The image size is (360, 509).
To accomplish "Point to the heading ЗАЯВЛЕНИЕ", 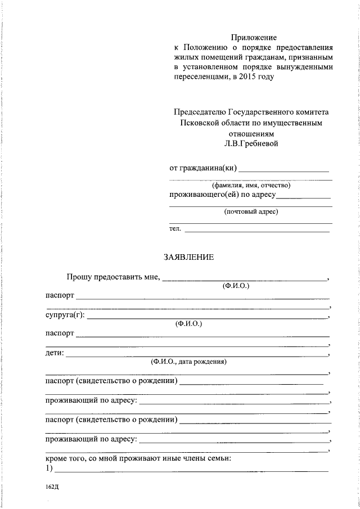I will pyautogui.click(x=188, y=257).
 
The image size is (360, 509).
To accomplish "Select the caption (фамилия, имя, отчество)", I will pyautogui.click(x=251, y=184).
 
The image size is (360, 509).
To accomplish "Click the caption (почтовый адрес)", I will pyautogui.click(x=251, y=211).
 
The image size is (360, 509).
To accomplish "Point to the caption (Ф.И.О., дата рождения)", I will pyautogui.click(x=188, y=362).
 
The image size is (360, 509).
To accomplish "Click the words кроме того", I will pyautogui.click(x=63, y=458).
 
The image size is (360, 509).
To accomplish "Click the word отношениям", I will pyautogui.click(x=251, y=133).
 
